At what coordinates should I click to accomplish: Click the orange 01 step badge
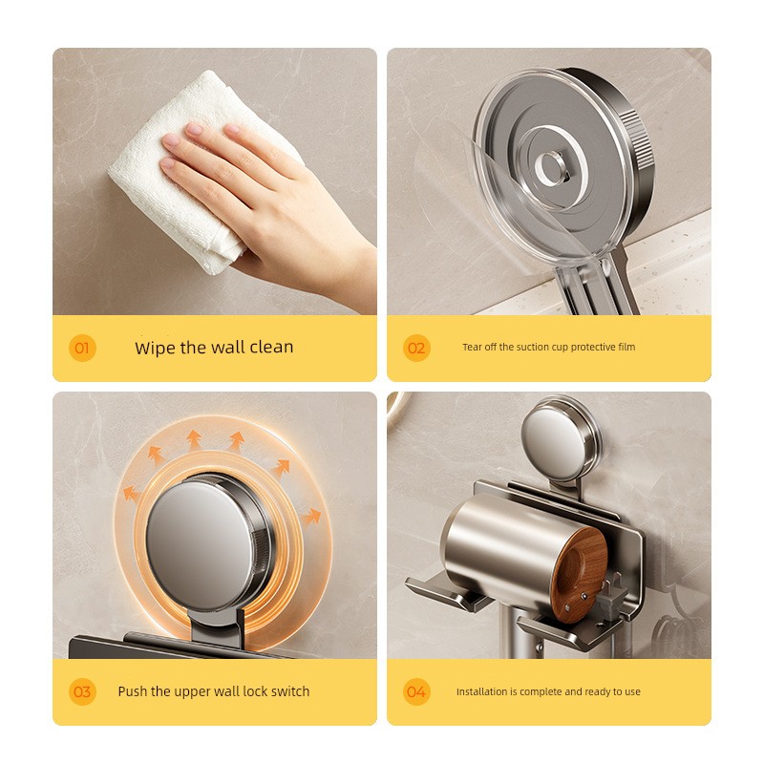(x=82, y=348)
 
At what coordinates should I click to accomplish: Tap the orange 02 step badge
(x=416, y=348)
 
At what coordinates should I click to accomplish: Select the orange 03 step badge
(x=82, y=691)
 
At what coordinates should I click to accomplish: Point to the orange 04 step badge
(x=416, y=691)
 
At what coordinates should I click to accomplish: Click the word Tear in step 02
(x=472, y=347)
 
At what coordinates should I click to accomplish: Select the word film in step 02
(x=626, y=347)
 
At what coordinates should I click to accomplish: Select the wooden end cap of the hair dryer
(x=579, y=570)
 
